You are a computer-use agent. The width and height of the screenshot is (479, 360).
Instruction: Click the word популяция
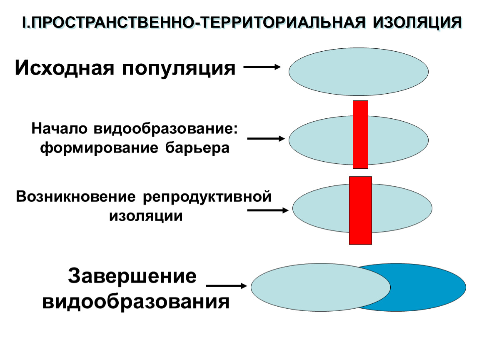point(179,68)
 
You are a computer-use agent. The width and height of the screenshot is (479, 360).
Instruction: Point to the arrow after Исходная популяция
point(261,67)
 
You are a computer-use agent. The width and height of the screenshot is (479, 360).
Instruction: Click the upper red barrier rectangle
point(360,134)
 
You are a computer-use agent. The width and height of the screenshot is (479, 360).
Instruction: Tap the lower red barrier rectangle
point(360,210)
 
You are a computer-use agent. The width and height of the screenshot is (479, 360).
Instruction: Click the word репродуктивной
point(208,197)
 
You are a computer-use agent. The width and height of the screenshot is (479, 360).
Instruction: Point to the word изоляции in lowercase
point(146,216)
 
